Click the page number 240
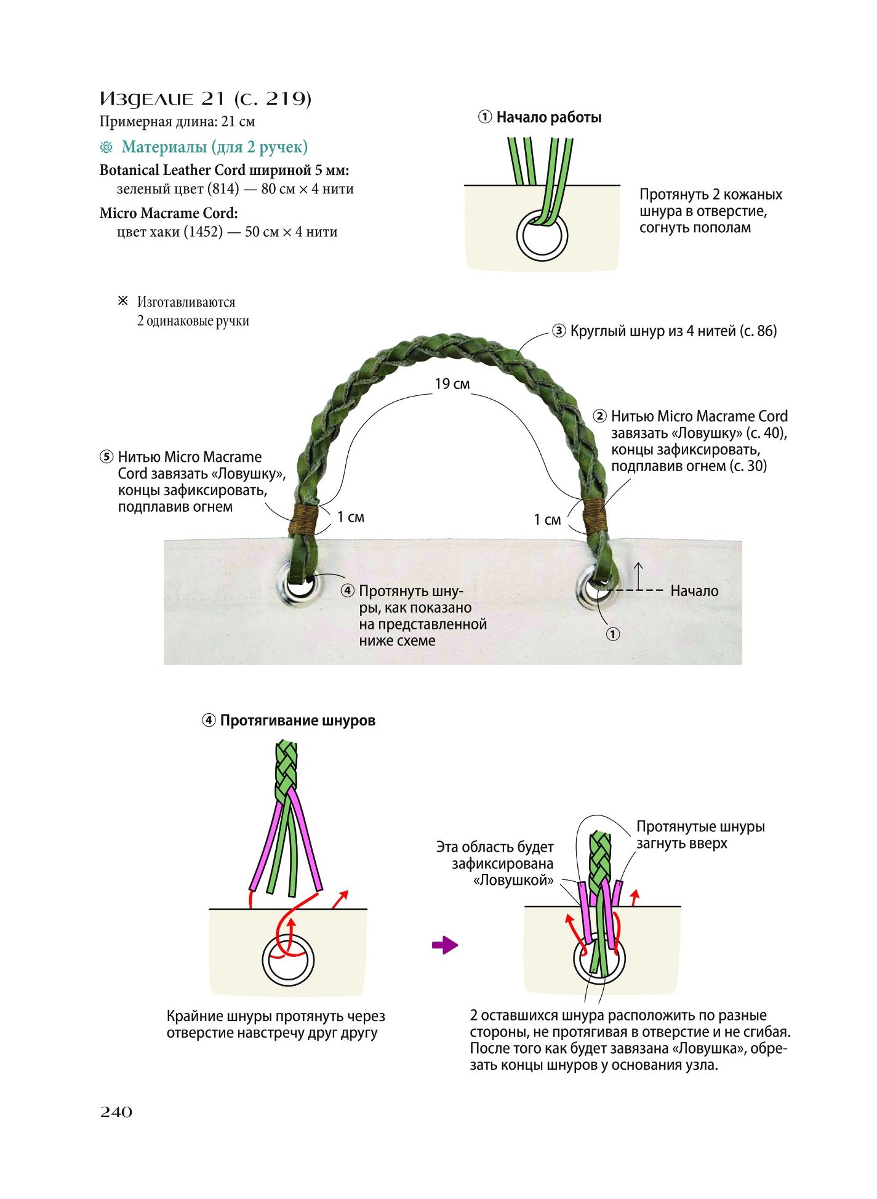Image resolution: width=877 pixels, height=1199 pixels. (116, 1112)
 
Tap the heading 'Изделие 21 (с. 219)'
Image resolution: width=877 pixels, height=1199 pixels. (206, 99)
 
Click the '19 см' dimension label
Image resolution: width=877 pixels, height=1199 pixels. (452, 384)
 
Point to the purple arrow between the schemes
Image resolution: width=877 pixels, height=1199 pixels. (445, 945)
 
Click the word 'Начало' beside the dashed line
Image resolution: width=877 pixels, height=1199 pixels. (694, 591)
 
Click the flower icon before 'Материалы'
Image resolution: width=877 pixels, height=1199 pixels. (106, 147)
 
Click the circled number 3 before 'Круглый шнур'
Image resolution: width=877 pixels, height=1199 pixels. (559, 331)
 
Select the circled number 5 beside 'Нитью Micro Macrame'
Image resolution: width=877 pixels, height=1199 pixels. (106, 457)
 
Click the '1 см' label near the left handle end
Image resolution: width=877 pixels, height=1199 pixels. (351, 517)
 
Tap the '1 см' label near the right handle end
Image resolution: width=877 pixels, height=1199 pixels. (547, 520)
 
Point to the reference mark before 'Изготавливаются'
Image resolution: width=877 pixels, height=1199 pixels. (123, 301)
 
